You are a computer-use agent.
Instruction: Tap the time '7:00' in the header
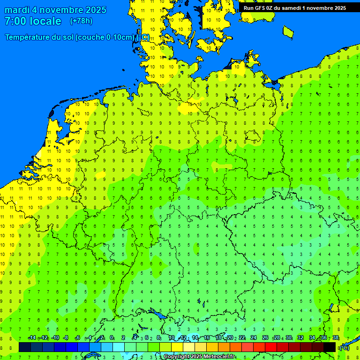(x=15, y=21)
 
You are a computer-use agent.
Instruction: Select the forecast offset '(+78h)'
(x=81, y=21)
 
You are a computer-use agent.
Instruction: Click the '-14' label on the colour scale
(x=32, y=338)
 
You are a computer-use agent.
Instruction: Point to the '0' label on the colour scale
(x=112, y=338)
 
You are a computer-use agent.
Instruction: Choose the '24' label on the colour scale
(x=254, y=338)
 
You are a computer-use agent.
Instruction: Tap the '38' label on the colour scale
(x=336, y=338)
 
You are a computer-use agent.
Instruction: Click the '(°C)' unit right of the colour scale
(x=344, y=348)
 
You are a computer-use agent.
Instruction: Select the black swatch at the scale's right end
(x=330, y=347)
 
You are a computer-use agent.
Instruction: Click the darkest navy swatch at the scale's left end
(x=25, y=347)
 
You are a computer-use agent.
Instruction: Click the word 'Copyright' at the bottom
(x=178, y=357)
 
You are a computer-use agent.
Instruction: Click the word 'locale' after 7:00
(x=45, y=21)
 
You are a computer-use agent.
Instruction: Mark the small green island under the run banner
(x=288, y=31)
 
